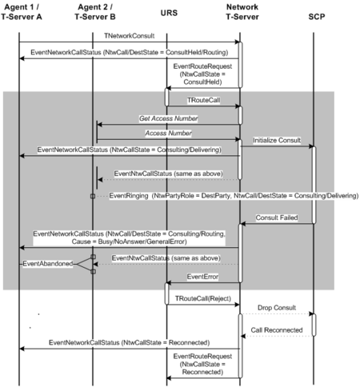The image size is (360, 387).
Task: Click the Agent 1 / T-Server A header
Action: (22, 12)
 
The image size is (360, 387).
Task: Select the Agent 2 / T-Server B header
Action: (95, 12)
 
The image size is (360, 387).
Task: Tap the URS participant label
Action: (169, 13)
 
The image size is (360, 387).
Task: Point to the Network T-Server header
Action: (242, 12)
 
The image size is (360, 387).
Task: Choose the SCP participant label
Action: (317, 17)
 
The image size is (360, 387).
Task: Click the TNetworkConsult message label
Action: (129, 36)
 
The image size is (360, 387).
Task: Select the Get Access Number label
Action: (168, 118)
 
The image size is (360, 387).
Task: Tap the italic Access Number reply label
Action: (168, 133)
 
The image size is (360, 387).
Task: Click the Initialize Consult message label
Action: (277, 140)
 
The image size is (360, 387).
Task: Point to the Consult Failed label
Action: (277, 217)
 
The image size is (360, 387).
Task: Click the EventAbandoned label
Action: (48, 264)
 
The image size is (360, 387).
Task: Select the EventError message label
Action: (202, 277)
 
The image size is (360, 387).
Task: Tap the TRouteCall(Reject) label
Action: (203, 298)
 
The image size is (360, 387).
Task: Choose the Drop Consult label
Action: (277, 308)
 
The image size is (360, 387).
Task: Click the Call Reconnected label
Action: (277, 330)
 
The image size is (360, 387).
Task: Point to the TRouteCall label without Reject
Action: (203, 100)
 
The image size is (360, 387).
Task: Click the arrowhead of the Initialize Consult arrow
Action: (310, 146)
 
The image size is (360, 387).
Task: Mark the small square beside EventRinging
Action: (93, 196)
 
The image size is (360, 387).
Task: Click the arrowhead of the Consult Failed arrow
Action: (243, 224)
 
